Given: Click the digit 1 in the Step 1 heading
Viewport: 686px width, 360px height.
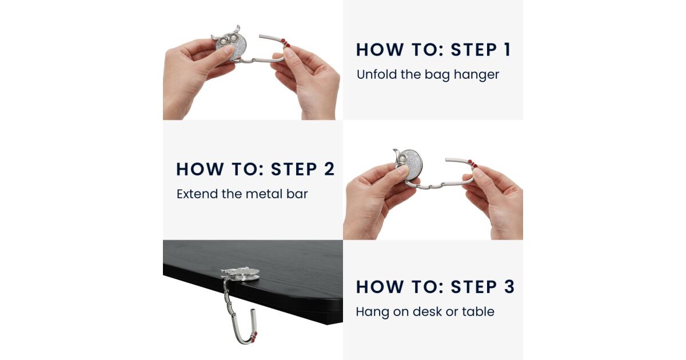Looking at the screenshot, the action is point(508,50).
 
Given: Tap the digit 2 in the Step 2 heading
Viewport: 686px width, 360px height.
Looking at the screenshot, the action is point(329,169).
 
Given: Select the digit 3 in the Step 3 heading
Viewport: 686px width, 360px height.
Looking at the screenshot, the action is point(509,287).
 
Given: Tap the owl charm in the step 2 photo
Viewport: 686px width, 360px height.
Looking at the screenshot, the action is point(408,164).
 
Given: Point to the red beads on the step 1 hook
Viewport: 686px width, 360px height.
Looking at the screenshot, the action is point(285,43).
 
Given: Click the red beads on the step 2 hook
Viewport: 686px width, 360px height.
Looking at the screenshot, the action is point(473,164).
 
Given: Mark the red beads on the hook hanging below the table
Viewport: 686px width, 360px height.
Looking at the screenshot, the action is point(254,337).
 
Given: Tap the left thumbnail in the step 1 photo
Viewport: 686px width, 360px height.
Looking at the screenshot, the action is point(228,50).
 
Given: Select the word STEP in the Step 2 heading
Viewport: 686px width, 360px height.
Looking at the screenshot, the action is point(294,169).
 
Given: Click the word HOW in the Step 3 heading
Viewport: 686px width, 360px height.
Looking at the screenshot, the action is point(380,287).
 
